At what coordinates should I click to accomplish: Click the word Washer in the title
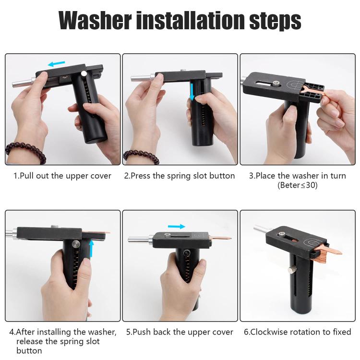click(95, 20)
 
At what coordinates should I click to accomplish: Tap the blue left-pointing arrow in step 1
click(57, 63)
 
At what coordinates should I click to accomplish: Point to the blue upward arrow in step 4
click(91, 248)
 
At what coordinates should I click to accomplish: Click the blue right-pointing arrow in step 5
click(176, 227)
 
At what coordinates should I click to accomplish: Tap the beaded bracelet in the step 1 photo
click(25, 152)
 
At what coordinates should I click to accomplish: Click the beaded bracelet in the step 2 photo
click(141, 156)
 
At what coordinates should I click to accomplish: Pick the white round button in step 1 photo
click(84, 73)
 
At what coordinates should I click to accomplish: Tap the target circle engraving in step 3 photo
click(296, 84)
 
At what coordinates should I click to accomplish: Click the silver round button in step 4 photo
click(75, 244)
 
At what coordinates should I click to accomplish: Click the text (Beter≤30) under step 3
click(298, 185)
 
